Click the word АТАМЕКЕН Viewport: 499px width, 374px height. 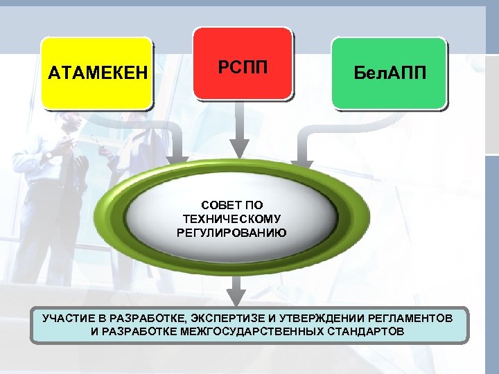point(98,73)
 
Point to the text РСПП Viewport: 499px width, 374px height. point(242,66)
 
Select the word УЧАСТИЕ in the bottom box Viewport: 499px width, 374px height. point(67,318)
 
